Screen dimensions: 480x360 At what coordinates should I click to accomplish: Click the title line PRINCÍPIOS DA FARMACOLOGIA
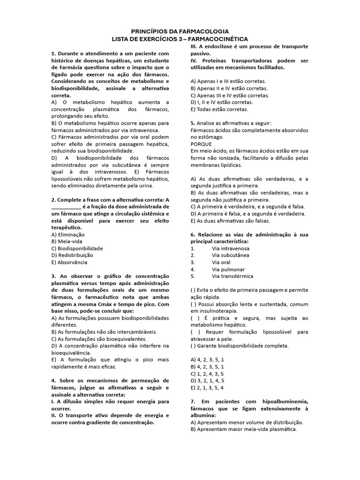(180, 30)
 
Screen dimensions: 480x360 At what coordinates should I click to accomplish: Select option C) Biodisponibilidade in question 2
(77, 248)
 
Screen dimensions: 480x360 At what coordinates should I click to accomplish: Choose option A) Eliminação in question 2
(68, 234)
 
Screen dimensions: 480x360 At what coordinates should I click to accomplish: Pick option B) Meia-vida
(67, 241)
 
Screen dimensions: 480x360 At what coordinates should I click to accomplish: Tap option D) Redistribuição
(72, 255)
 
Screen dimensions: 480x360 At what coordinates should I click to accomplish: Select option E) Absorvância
(69, 262)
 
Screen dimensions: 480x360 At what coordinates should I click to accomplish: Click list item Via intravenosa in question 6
(231, 248)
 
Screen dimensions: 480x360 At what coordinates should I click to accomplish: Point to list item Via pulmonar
(228, 269)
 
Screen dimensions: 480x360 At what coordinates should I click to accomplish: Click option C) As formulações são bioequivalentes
(99, 338)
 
